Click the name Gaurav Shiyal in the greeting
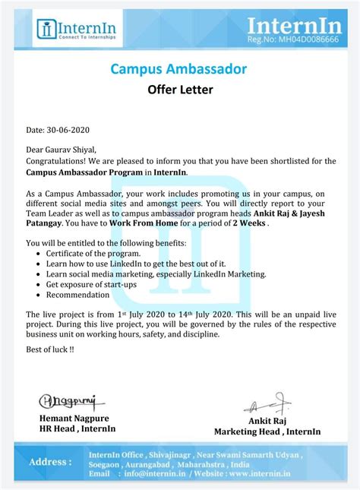coord(74,150)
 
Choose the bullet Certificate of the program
coord(93,253)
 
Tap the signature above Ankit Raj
coord(267,404)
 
